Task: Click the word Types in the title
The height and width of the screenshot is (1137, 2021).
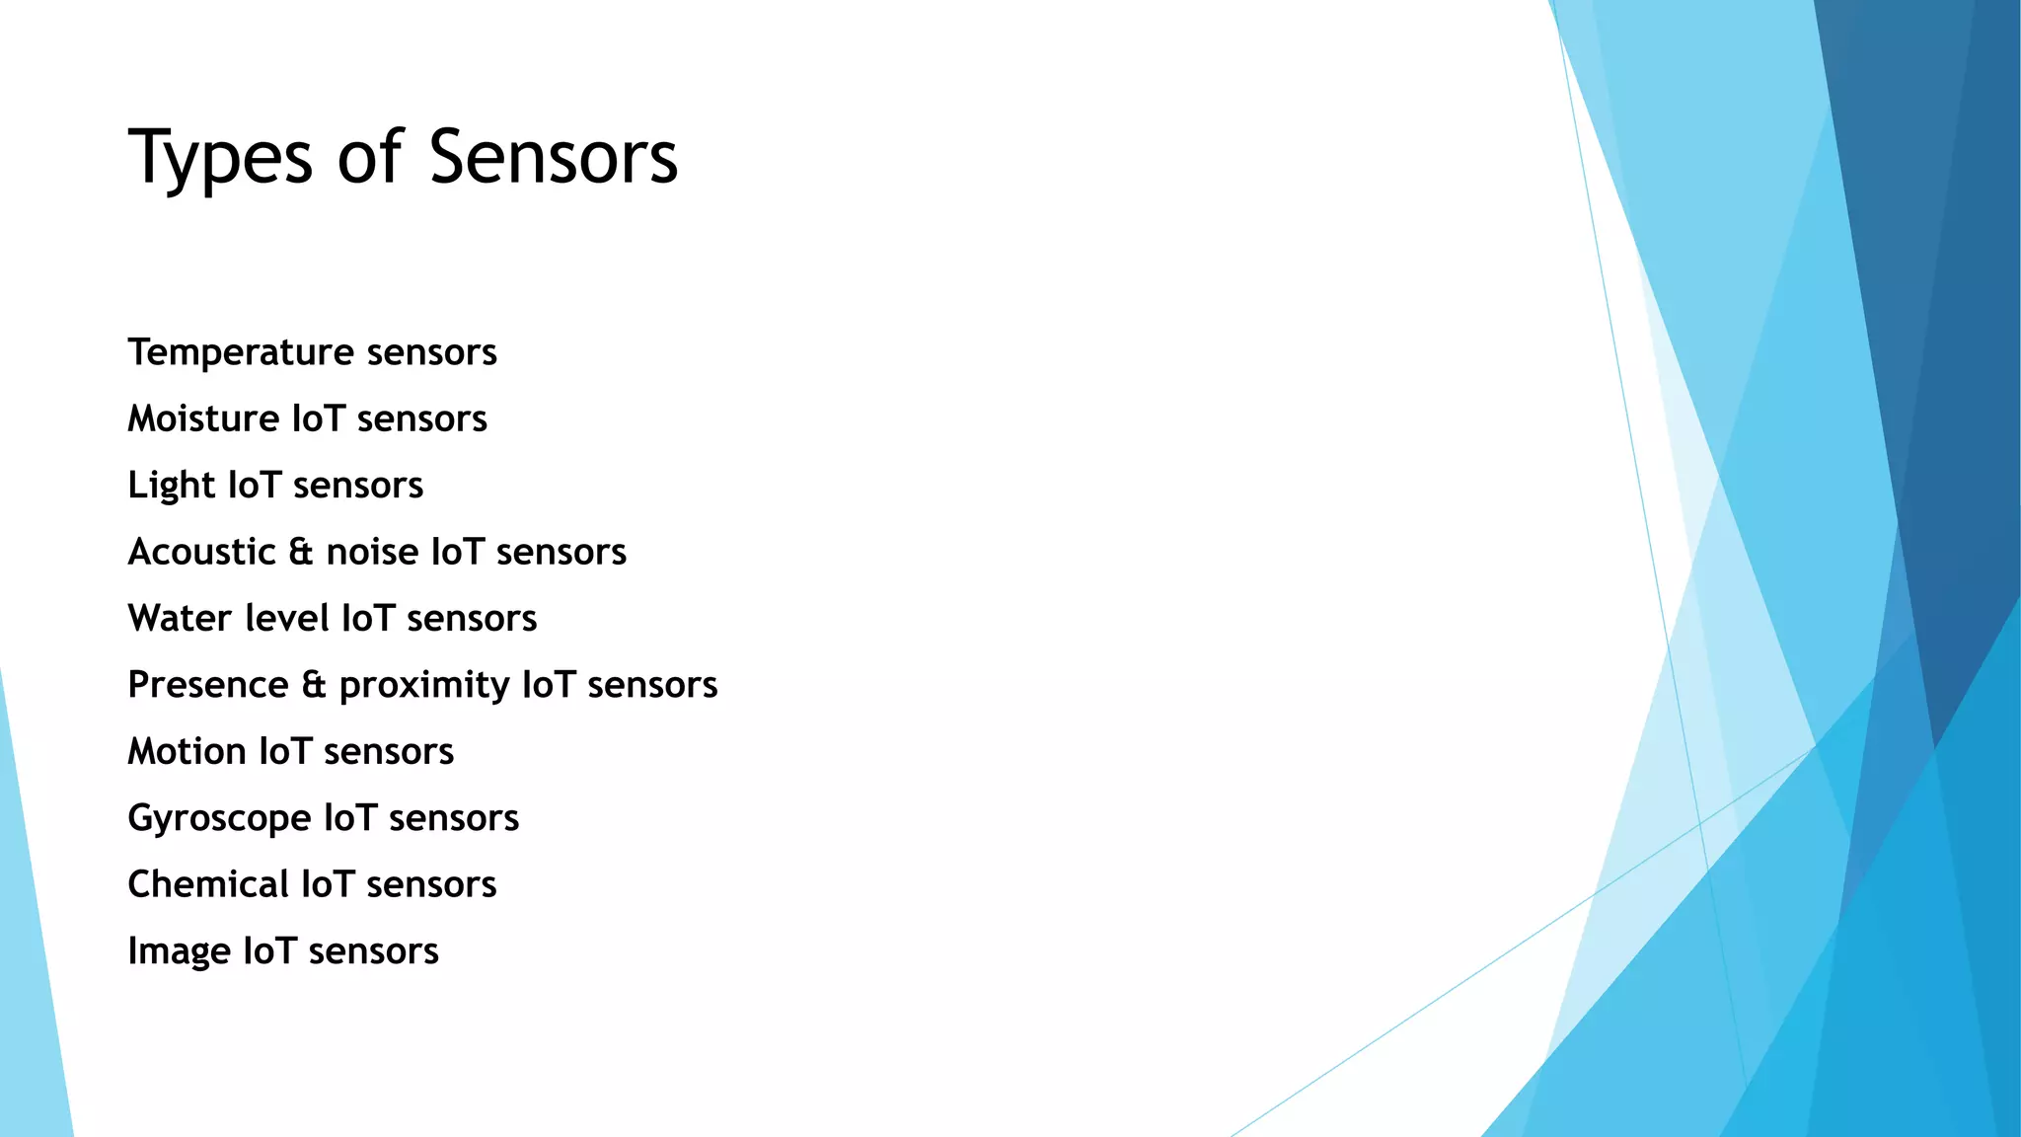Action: point(220,158)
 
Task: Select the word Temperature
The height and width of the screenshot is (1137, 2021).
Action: point(241,352)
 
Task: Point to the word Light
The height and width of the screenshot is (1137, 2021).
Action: point(171,486)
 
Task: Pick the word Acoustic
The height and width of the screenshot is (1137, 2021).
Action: point(201,552)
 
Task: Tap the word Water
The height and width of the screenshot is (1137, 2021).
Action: point(180,619)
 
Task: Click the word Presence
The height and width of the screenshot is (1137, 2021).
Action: point(208,685)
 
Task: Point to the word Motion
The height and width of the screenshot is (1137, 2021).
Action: point(187,752)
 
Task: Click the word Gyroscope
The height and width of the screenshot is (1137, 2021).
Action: point(219,819)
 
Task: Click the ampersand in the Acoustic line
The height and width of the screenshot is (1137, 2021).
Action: point(301,552)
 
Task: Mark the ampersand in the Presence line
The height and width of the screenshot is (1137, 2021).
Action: point(314,685)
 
